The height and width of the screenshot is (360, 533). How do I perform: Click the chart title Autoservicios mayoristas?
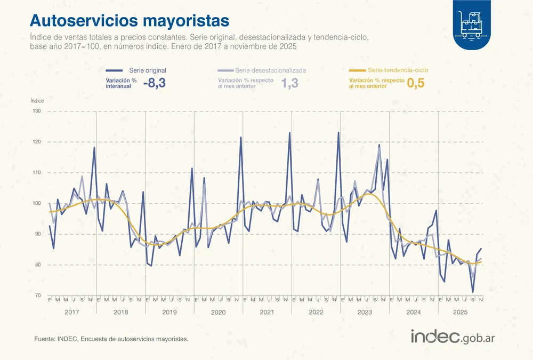click(130, 21)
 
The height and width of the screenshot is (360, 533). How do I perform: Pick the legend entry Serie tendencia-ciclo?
click(398, 70)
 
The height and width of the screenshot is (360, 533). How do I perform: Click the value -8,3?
click(155, 83)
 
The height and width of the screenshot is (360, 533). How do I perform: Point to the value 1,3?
click(289, 83)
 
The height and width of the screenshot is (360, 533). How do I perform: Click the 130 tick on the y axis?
click(36, 111)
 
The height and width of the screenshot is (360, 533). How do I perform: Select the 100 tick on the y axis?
click(36, 203)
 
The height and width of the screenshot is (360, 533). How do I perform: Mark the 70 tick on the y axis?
click(37, 295)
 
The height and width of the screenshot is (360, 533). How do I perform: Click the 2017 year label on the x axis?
click(71, 311)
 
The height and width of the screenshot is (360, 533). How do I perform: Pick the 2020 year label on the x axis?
click(218, 311)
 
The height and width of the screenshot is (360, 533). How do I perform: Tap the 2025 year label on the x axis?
click(459, 311)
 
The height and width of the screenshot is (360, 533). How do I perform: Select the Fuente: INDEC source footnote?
click(111, 339)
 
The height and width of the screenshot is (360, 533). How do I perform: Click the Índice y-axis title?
click(37, 100)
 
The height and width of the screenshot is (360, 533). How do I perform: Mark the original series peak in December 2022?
click(338, 132)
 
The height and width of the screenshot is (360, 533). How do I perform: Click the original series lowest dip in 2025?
click(473, 292)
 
